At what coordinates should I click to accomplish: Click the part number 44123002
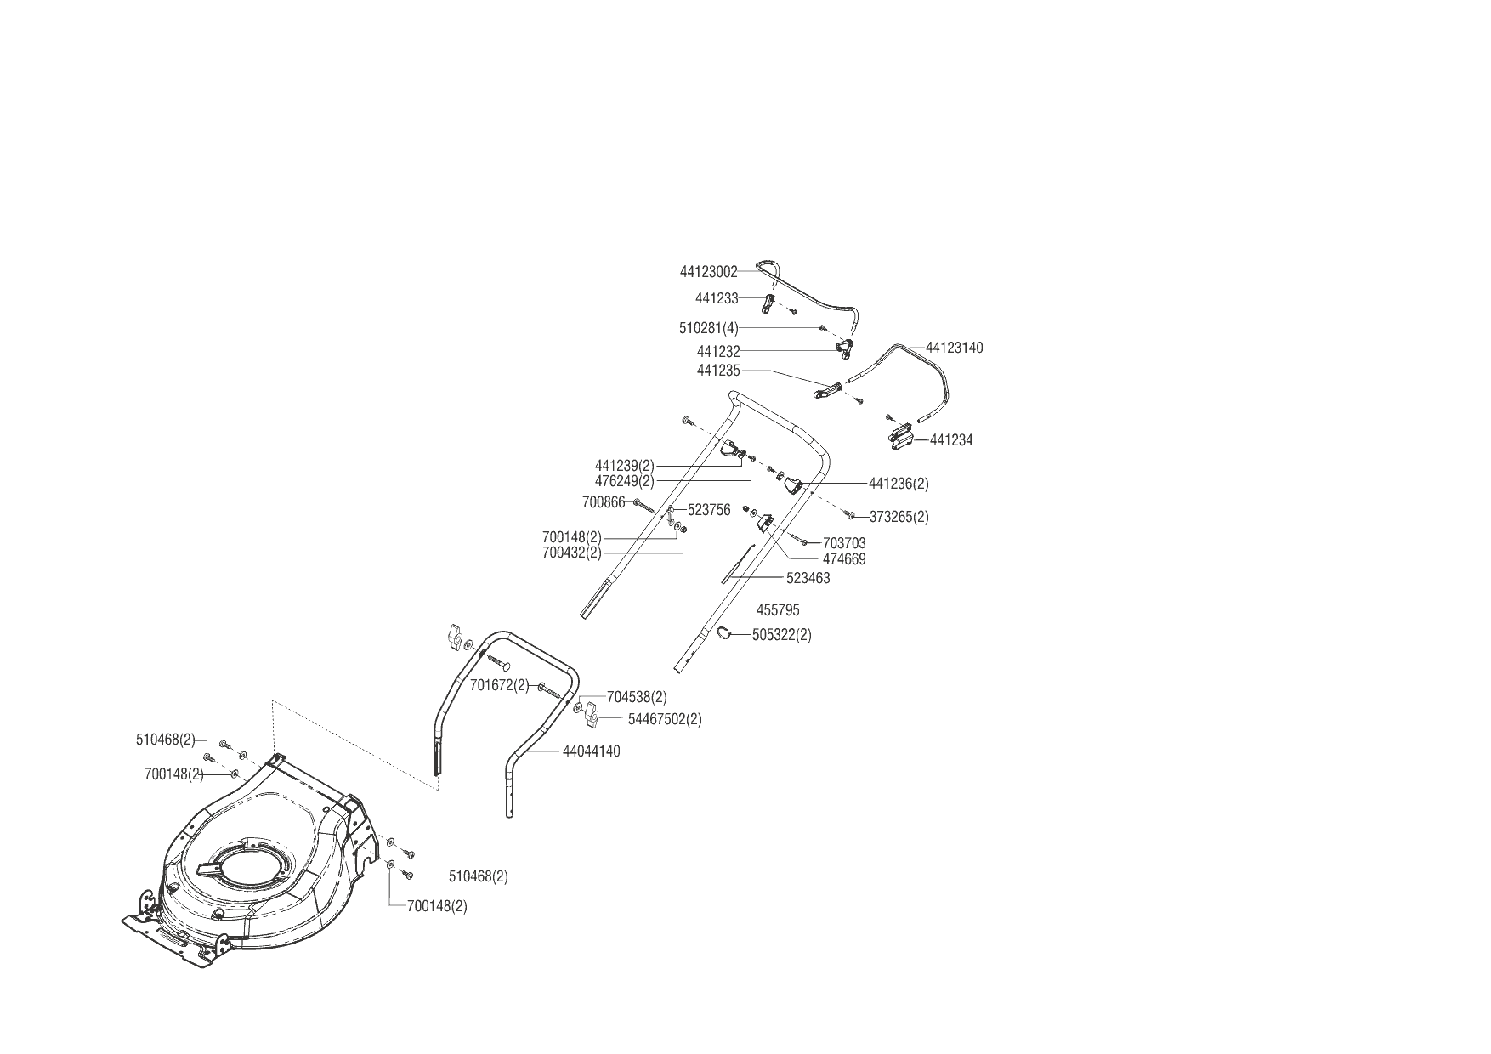708,272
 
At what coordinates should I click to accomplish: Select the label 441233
716,298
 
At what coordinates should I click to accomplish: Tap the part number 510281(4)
708,328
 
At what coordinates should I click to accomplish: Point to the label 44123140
954,348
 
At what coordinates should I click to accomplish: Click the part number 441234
951,440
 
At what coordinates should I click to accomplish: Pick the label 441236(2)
899,484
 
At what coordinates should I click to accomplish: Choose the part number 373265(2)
899,517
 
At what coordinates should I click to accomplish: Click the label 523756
709,510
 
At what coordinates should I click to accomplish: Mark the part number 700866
604,502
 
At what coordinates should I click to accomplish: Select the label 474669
844,559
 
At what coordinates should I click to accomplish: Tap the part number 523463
808,578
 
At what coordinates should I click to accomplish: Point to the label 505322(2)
781,635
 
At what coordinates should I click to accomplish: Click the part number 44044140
591,751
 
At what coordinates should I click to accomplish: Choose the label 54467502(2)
665,719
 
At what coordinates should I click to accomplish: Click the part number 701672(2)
499,685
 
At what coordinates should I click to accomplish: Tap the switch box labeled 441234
899,439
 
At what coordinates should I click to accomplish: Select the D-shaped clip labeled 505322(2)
723,632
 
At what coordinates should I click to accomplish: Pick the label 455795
777,610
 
